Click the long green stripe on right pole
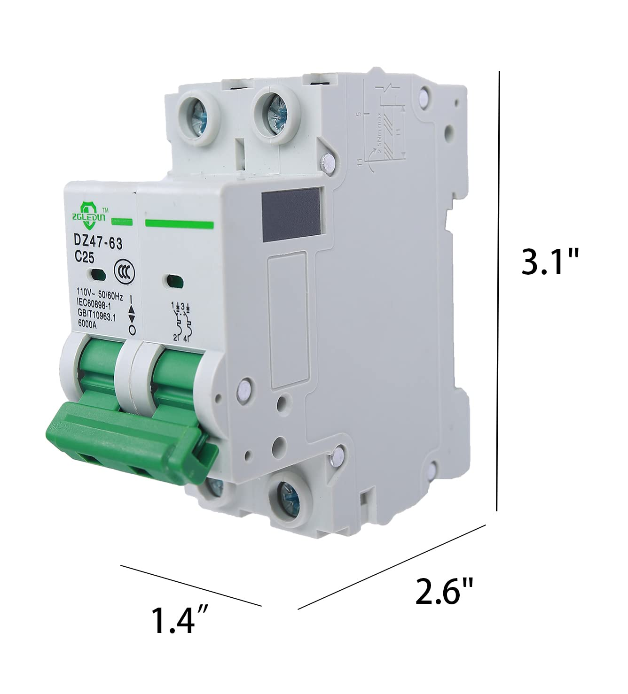pyautogui.click(x=180, y=224)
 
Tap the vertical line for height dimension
pyautogui.click(x=498, y=291)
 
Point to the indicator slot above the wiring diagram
pyautogui.click(x=174, y=281)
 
